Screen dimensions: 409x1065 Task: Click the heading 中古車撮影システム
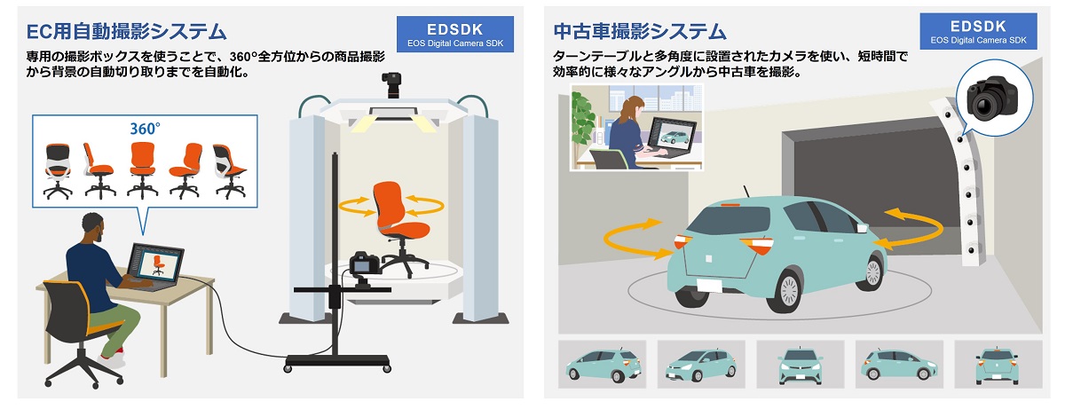tap(640, 32)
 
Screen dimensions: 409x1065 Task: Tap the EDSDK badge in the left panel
tap(455, 31)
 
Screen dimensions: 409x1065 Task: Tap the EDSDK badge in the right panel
tap(978, 31)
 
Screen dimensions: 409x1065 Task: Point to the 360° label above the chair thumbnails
tap(145, 128)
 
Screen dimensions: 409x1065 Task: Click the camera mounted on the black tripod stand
tap(365, 263)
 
